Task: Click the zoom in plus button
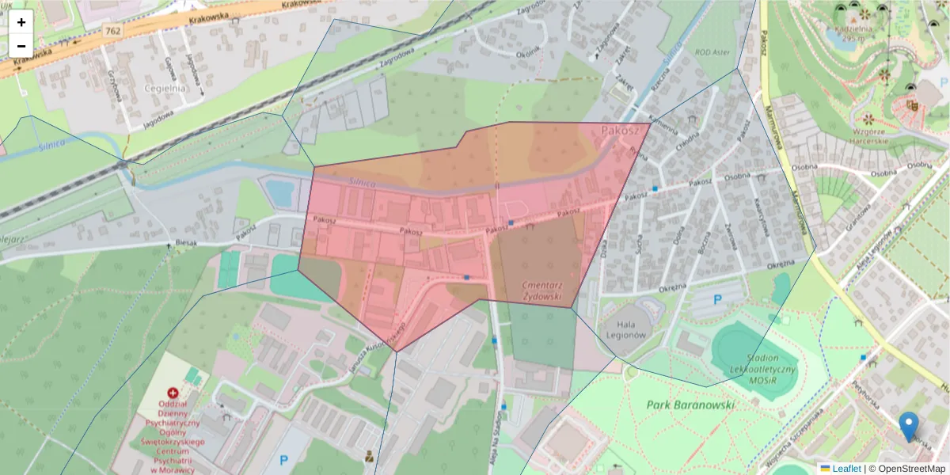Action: (x=21, y=22)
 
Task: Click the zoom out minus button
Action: (x=21, y=46)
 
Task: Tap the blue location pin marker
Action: (x=909, y=426)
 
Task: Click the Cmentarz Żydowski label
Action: (x=542, y=291)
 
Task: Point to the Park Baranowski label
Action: (x=690, y=405)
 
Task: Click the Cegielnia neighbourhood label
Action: (x=165, y=88)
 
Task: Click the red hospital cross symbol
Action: (x=173, y=393)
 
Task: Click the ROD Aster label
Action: (x=712, y=54)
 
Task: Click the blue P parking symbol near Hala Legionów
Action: (x=718, y=300)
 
